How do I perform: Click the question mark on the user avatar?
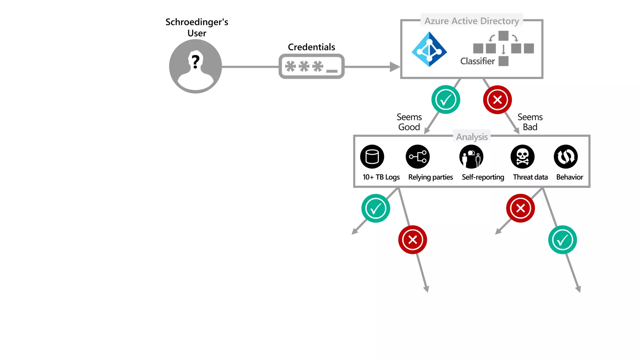[x=196, y=62]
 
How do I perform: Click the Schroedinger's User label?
[x=197, y=27]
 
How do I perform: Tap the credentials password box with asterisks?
[x=311, y=66]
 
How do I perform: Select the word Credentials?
[x=311, y=47]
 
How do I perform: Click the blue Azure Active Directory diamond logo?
[x=429, y=49]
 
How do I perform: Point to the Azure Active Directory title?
[x=471, y=21]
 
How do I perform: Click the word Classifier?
[x=477, y=61]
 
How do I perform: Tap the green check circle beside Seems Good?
[x=445, y=100]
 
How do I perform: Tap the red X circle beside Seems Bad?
[x=497, y=100]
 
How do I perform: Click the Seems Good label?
[x=409, y=122]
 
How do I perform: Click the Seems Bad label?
[x=530, y=122]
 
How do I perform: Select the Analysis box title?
[x=472, y=137]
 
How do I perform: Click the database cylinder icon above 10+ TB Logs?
[x=372, y=157]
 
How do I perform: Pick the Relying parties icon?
[x=418, y=157]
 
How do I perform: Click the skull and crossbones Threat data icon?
[x=522, y=157]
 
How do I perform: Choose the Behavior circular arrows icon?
[x=566, y=157]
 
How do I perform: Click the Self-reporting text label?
[x=483, y=177]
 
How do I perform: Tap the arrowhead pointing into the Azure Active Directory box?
[x=395, y=67]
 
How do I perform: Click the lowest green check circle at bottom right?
[x=562, y=240]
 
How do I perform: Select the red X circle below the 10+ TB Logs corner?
[x=412, y=240]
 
